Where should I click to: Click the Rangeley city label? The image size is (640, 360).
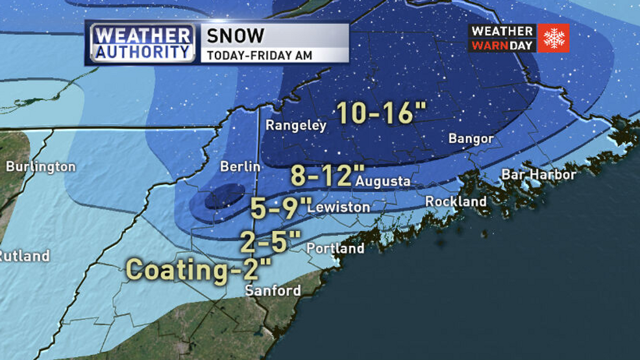coord(296,126)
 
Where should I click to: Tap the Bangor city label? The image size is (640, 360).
coord(471,139)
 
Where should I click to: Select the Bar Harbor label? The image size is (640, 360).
coord(538,174)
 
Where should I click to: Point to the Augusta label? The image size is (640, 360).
coord(382,182)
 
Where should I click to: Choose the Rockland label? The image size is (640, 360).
coord(456,202)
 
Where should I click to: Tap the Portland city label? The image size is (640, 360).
coord(335,248)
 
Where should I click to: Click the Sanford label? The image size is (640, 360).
coord(273,290)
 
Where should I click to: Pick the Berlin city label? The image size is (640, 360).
coord(240,167)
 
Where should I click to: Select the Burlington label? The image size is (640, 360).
coord(40,167)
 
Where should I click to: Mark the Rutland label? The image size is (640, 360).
coord(25,256)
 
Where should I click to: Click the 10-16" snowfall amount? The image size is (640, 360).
coord(375,112)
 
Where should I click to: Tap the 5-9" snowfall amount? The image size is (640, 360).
coord(281,208)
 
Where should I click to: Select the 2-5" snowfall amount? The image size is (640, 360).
coord(271,242)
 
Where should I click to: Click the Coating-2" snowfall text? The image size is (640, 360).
coord(198,269)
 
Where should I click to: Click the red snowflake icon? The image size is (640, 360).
coord(554,38)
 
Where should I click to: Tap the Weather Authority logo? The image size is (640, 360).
coord(142,43)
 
